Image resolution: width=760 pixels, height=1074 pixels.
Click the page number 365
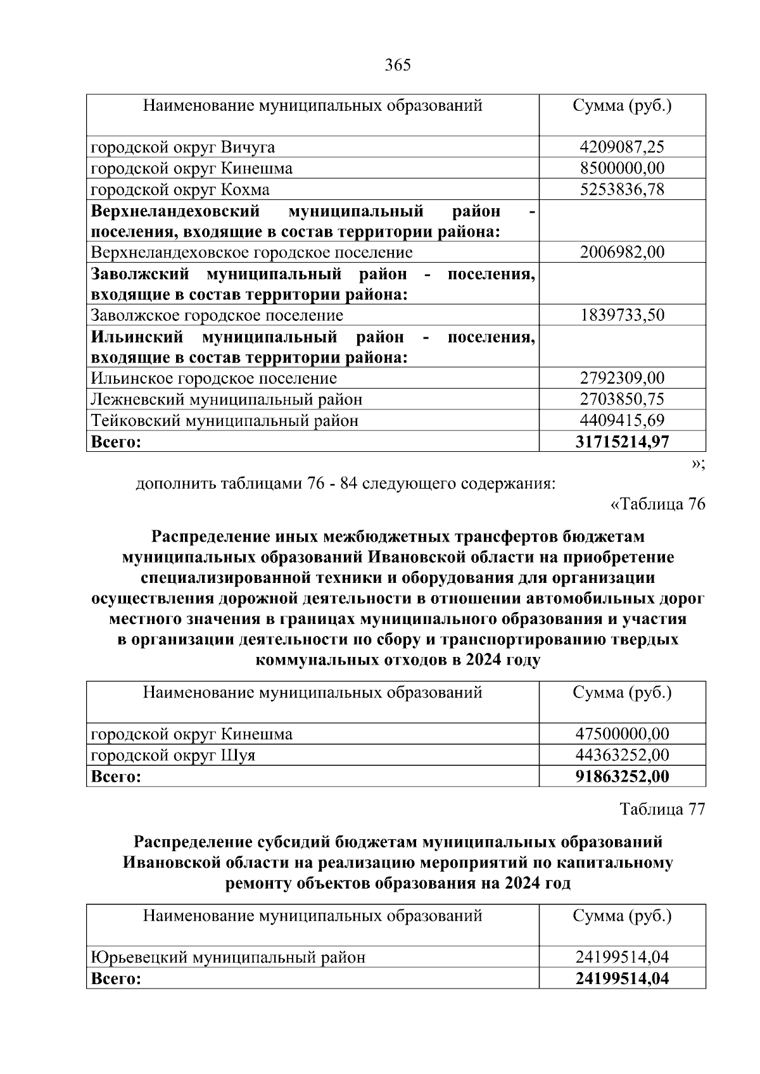[398, 65]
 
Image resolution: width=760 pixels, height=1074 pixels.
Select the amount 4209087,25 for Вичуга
[622, 147]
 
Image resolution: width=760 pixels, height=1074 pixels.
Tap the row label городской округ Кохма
[180, 189]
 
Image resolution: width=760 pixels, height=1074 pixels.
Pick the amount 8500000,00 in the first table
[622, 168]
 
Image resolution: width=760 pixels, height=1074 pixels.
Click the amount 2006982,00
[622, 253]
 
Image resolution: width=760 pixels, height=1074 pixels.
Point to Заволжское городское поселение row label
[217, 315]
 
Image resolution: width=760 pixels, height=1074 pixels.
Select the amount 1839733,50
[622, 315]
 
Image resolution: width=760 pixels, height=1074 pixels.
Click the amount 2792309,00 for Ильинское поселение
[622, 378]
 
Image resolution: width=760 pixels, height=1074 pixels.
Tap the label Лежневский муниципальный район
[227, 399]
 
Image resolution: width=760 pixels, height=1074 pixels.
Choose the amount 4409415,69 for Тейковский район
[622, 420]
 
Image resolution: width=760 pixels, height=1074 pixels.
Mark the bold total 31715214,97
[622, 441]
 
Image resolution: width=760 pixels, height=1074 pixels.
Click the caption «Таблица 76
[657, 504]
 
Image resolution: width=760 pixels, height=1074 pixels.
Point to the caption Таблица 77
[662, 809]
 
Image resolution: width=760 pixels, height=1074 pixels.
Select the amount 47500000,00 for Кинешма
[622, 734]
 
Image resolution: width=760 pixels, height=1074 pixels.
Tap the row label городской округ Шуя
[174, 755]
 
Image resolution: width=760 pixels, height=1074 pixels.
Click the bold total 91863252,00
[622, 776]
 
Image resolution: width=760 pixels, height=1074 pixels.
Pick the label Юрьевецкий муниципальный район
[229, 957]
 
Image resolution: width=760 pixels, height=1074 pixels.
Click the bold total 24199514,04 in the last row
[622, 978]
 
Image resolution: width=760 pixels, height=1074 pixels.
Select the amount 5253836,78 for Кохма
[622, 189]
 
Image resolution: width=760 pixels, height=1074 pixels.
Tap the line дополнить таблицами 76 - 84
[346, 484]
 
